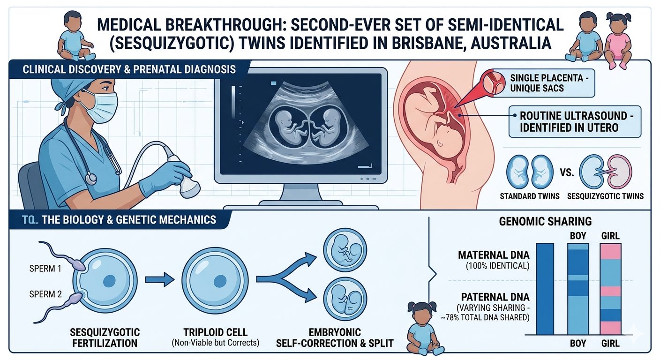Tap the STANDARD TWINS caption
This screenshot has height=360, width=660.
tap(530, 196)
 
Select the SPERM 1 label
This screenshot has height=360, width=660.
tap(45, 269)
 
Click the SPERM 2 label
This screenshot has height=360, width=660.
tap(45, 294)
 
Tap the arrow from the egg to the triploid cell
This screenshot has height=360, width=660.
tap(159, 279)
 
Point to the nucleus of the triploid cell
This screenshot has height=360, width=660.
tap(220, 281)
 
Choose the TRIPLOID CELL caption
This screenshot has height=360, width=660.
tap(215, 332)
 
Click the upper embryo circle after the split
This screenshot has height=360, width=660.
tap(345, 250)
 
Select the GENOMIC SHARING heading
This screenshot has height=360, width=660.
tap(545, 221)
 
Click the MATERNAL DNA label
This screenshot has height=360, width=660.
tap(494, 255)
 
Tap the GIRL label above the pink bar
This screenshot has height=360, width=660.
tap(610, 236)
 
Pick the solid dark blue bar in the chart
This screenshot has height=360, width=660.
tap(545, 289)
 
